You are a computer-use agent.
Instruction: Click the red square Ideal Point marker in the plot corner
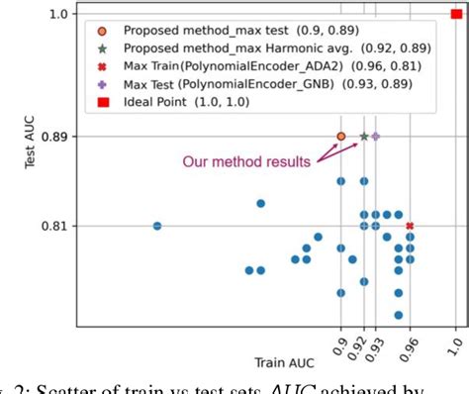click(455, 14)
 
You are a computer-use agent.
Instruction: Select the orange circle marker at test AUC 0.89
click(341, 136)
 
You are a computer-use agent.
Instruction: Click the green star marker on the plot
click(364, 136)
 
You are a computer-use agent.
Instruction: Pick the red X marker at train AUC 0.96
click(410, 226)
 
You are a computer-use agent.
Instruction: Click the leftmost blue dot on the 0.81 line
click(157, 226)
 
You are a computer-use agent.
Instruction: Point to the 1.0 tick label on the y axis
click(59, 14)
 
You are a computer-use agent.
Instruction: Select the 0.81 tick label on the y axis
click(55, 226)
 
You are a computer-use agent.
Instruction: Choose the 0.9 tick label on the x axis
click(341, 345)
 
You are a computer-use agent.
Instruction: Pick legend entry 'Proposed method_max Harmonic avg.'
click(230, 48)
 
